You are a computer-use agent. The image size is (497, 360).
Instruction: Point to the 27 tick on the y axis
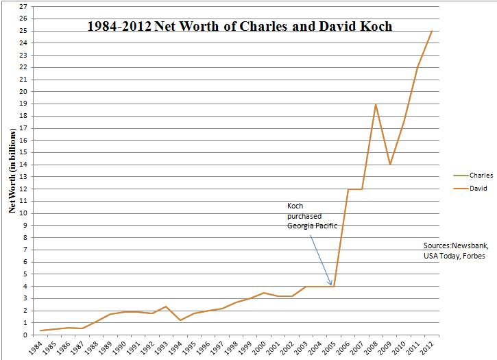[x=23, y=7]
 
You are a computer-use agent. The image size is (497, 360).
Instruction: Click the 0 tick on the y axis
[x=25, y=335]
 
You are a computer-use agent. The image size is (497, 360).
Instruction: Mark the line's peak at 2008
[x=376, y=104]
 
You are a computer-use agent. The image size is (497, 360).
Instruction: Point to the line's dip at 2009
[x=390, y=165]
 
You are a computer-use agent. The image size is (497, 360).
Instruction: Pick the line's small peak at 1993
[x=166, y=307]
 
